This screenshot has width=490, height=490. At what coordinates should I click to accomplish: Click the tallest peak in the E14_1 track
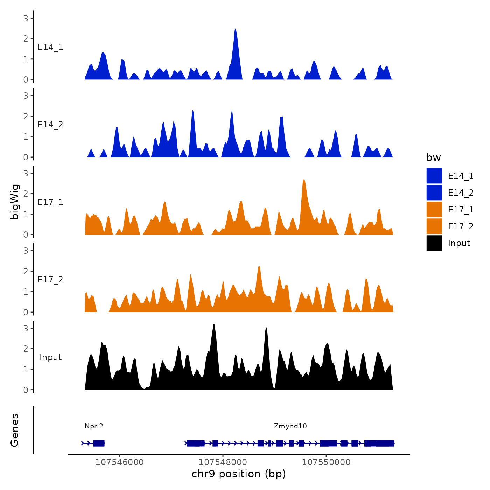[x=235, y=30]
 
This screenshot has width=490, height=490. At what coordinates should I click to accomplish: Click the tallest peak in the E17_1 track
[x=304, y=181]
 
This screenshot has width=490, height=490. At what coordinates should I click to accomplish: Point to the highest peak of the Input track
[x=214, y=325]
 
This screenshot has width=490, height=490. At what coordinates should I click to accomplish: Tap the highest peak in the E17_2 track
[x=259, y=268]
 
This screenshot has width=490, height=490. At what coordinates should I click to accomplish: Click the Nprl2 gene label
[x=94, y=426]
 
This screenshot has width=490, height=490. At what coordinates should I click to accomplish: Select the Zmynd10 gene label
[x=290, y=426]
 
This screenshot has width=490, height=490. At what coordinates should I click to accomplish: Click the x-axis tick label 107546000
[x=119, y=462]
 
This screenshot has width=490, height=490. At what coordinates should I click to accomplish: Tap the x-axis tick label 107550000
[x=326, y=462]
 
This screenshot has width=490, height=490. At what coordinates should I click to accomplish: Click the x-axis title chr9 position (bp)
[x=239, y=474]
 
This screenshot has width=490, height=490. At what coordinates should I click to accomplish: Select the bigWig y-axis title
[x=15, y=202]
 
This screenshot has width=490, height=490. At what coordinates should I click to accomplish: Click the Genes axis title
[x=15, y=430]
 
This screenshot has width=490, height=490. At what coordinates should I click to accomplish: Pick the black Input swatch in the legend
[x=434, y=243]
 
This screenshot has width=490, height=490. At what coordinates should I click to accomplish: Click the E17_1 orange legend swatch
[x=434, y=209]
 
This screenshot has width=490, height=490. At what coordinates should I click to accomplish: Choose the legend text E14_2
[x=461, y=193]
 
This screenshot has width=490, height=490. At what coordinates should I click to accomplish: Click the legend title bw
[x=433, y=157]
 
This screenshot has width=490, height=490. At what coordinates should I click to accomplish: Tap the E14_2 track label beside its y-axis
[x=50, y=125]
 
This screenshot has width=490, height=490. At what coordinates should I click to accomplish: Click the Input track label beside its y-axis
[x=50, y=357]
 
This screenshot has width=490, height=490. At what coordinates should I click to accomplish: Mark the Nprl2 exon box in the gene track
[x=99, y=443]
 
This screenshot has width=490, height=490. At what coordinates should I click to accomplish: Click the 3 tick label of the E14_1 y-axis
[x=26, y=18]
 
